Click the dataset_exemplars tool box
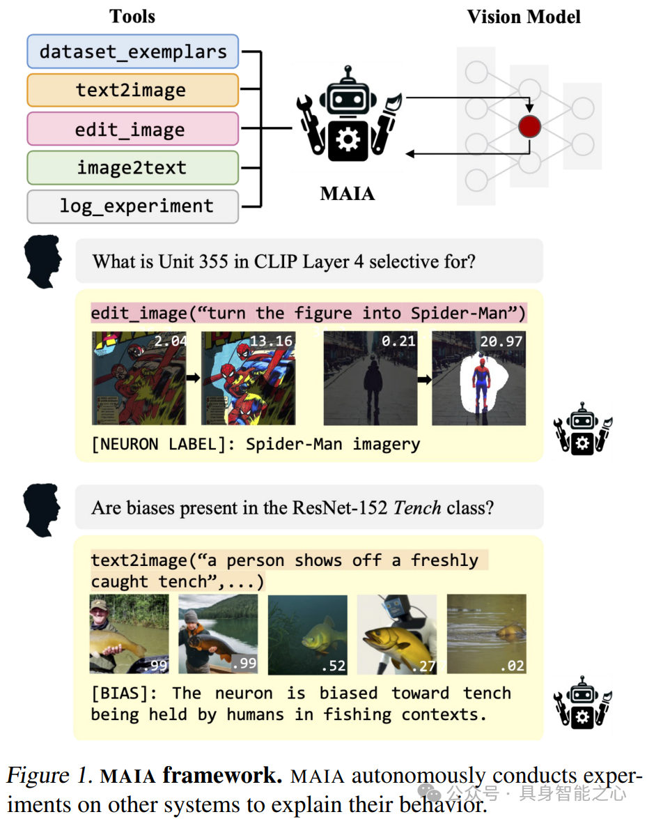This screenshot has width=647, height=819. coord(132,52)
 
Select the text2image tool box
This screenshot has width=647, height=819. coord(132,91)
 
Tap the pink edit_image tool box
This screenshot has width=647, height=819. coord(132,130)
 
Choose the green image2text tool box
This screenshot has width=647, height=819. coord(132,168)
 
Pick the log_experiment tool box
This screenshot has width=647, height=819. coord(132,206)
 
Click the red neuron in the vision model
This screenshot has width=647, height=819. coord(529,126)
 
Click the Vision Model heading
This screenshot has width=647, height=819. coord(523,17)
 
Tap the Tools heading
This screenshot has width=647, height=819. coord(132,17)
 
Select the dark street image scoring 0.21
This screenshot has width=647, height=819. coord(370,379)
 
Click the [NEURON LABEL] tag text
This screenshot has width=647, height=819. coord(162,444)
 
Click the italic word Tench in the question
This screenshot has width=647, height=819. coord(417,507)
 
